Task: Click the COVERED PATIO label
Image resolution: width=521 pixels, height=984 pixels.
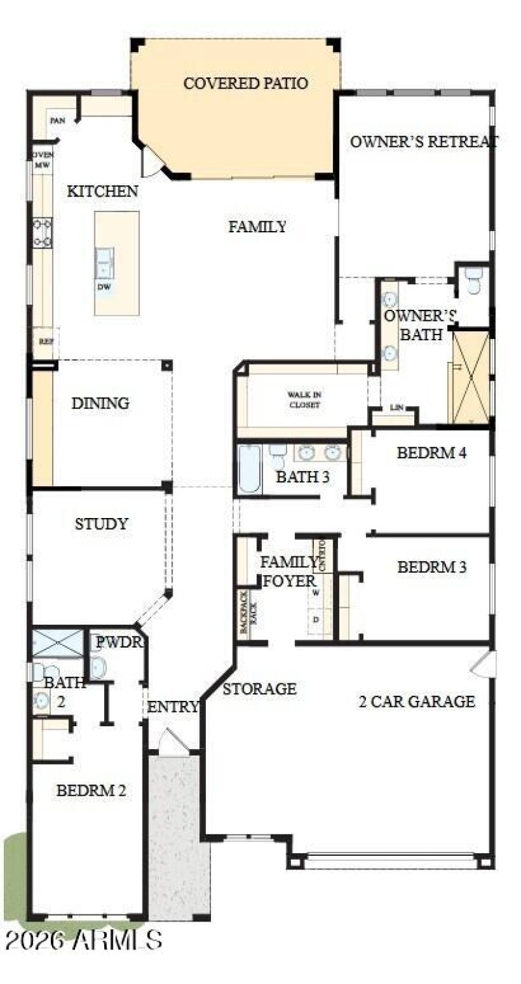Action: click(246, 84)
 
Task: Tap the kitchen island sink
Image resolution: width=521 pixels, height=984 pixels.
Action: click(104, 263)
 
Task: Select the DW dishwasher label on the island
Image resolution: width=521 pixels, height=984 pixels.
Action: click(103, 286)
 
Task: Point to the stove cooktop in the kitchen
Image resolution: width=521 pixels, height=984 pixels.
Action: click(43, 233)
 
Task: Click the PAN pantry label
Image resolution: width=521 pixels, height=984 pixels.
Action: click(57, 121)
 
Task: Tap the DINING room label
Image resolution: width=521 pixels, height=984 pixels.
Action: click(100, 403)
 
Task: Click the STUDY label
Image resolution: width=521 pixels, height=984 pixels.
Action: click(101, 524)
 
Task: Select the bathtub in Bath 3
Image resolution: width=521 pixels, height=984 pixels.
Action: click(249, 469)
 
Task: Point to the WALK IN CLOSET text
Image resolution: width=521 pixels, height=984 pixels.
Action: click(305, 400)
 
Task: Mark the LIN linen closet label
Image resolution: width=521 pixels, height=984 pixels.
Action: click(397, 408)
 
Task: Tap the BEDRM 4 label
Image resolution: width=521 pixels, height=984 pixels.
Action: click(431, 453)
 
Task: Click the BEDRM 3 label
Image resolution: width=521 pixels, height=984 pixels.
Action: click(432, 567)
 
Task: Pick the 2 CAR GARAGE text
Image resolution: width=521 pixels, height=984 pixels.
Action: click(417, 702)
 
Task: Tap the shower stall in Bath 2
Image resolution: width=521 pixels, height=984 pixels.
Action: click(58, 642)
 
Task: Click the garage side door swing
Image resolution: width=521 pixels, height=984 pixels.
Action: click(483, 663)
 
